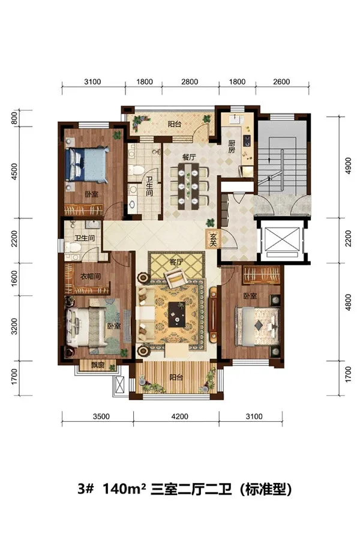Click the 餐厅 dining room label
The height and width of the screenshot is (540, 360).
tap(189, 157)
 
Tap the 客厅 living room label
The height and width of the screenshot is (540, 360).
tap(176, 262)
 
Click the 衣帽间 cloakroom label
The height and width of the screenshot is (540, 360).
tap(90, 276)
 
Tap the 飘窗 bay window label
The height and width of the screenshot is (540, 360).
tap(98, 365)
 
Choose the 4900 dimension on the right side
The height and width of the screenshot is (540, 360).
tap(348, 166)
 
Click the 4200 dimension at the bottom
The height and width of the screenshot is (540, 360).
tap(180, 416)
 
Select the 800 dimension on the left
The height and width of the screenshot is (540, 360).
tap(14, 118)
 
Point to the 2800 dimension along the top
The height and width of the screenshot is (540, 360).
tap(190, 82)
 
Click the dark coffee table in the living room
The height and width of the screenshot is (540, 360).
tap(176, 314)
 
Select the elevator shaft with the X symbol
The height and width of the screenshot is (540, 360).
tap(282, 241)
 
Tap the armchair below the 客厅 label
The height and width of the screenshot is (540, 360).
tap(176, 278)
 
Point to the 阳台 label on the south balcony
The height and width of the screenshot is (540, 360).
tap(176, 377)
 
